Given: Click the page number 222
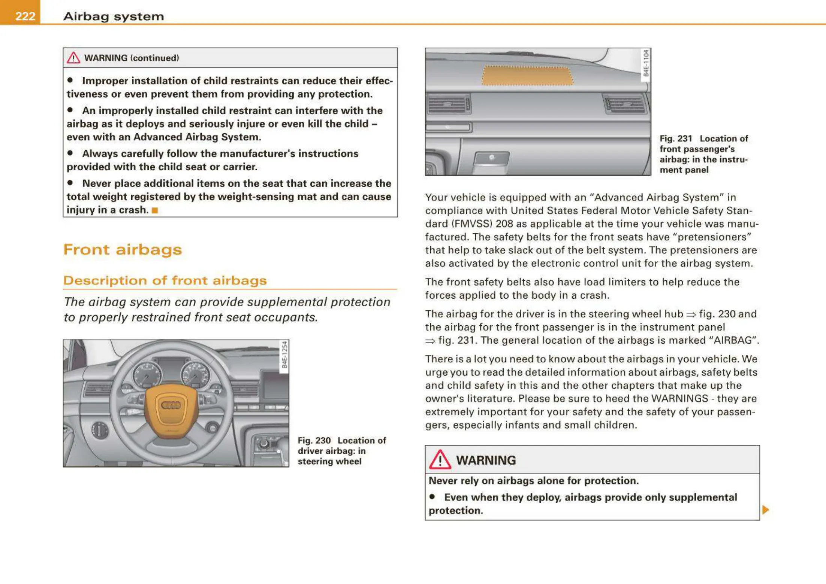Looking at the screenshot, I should point(25,16).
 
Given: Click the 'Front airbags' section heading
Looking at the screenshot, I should point(123,250).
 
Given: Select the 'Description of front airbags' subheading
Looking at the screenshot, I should point(165,280).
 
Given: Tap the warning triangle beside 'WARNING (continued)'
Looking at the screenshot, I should point(73,58).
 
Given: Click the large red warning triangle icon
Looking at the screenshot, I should point(440,460).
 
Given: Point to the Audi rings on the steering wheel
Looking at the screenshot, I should point(171,405).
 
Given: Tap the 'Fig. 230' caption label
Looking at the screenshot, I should point(314,441).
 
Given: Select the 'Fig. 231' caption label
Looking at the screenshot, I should point(676,139).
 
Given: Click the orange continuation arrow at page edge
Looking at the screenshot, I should point(766,510).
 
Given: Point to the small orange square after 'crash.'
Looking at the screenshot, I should point(155,210).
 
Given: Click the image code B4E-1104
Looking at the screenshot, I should point(646,63).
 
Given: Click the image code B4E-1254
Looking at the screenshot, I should point(284,355).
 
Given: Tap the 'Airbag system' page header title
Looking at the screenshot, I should point(114,16).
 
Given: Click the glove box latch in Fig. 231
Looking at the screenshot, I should point(491,158).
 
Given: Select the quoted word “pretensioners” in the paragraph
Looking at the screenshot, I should point(712,237).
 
